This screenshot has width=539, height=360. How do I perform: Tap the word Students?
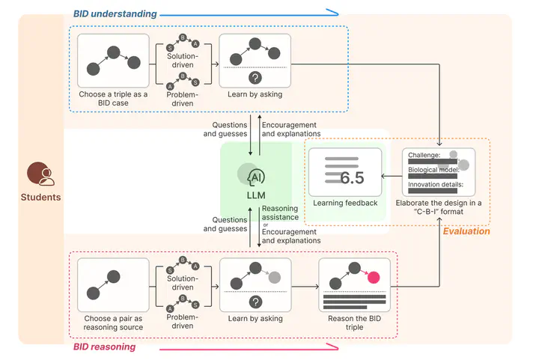(x=40, y=198)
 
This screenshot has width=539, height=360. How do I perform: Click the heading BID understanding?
(x=115, y=13)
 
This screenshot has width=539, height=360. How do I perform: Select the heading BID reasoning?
(x=104, y=347)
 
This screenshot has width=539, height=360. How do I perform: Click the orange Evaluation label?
(x=466, y=231)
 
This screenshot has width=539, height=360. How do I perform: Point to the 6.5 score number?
(x=352, y=177)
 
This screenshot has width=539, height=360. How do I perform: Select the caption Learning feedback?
(x=344, y=203)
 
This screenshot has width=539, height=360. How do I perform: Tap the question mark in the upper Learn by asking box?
(x=255, y=78)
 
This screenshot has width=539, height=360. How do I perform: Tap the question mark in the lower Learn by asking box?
(x=255, y=301)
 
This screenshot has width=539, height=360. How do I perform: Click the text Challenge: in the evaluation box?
(x=424, y=154)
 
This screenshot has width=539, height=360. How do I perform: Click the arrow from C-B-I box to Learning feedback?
(x=392, y=177)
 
